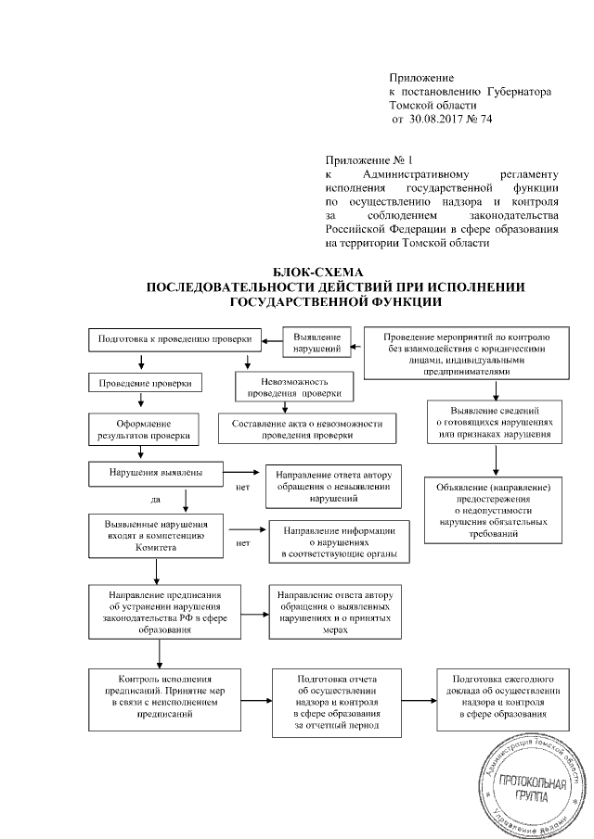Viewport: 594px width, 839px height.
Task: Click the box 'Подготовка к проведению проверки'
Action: point(174,339)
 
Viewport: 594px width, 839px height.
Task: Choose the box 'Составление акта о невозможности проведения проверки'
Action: point(306,428)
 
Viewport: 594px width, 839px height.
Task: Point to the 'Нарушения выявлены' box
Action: point(156,472)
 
